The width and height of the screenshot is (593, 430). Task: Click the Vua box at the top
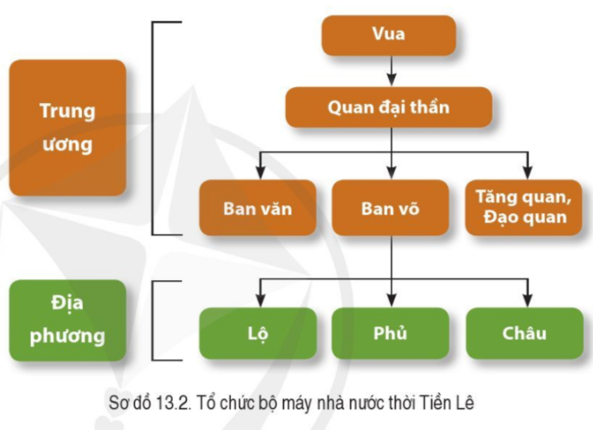click(388, 34)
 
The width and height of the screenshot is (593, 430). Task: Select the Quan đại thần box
click(388, 108)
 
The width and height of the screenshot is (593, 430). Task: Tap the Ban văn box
click(257, 208)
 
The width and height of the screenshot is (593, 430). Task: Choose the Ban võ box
click(390, 208)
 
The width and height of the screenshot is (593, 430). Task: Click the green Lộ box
click(257, 333)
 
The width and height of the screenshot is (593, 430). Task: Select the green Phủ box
click(390, 333)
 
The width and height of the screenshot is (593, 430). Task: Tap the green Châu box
click(524, 333)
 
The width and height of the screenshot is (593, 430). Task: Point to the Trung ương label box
click(67, 128)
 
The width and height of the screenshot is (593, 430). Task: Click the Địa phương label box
click(67, 319)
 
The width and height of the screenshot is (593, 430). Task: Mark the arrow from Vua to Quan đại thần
click(390, 72)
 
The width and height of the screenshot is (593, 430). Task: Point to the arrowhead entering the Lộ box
click(259, 298)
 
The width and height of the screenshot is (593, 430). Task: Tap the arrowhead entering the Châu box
click(526, 298)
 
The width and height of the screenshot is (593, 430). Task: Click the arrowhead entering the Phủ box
click(391, 298)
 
